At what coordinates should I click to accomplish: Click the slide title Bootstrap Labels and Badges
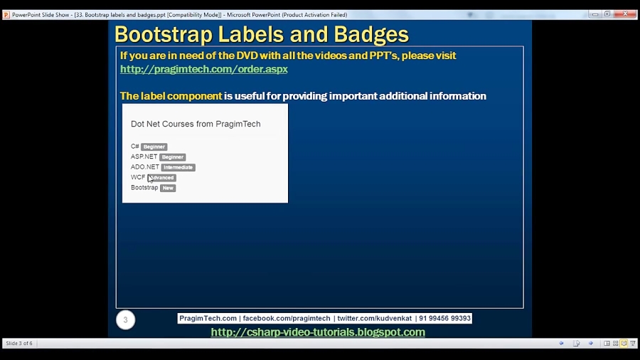(x=261, y=34)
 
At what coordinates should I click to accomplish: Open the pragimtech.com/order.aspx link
(x=203, y=69)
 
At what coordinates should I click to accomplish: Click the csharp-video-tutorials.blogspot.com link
(x=318, y=332)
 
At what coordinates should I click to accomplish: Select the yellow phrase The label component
(x=171, y=96)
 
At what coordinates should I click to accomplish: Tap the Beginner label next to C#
(x=154, y=147)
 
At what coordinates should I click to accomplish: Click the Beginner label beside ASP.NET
(x=172, y=157)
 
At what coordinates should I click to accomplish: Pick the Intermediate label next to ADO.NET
(x=178, y=167)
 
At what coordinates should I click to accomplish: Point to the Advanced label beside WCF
(x=162, y=178)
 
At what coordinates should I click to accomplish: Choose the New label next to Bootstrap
(x=168, y=188)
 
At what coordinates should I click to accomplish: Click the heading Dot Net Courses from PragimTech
(x=196, y=124)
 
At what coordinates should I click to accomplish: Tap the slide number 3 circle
(x=125, y=320)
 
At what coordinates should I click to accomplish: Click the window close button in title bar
(x=625, y=14)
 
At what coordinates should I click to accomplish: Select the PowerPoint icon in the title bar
(x=6, y=14)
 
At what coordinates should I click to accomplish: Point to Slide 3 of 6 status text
(x=19, y=344)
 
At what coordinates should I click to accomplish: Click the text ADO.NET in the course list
(x=145, y=167)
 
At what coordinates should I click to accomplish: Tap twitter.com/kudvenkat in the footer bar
(x=374, y=319)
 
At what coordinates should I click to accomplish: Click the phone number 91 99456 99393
(x=444, y=319)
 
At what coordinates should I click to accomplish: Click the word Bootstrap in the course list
(x=144, y=188)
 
